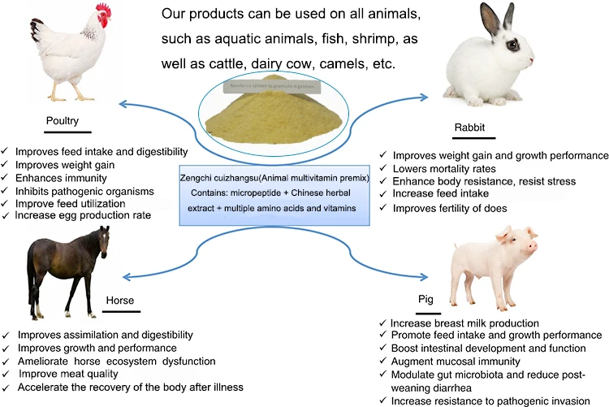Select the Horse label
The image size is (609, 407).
tap(119, 301)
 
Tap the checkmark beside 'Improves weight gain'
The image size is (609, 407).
tap(6, 165)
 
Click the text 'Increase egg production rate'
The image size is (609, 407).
tap(84, 216)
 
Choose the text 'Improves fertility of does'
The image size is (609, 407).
tap(451, 208)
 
